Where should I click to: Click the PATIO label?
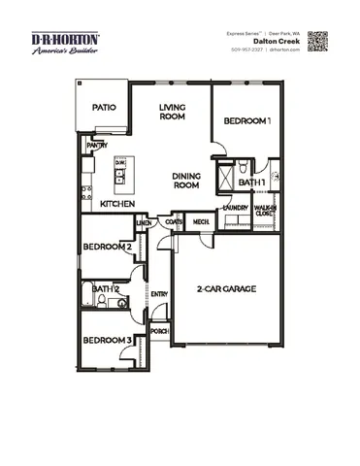click(x=105, y=109)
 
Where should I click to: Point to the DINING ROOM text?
click(x=185, y=181)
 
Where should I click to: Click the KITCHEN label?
click(x=117, y=205)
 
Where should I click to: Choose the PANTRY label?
click(x=97, y=145)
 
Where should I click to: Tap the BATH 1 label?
click(x=252, y=183)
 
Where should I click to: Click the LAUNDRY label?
click(x=235, y=208)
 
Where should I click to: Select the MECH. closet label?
click(x=201, y=222)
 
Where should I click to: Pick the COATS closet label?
click(x=174, y=222)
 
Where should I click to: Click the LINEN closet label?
click(x=145, y=223)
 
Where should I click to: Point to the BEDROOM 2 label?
click(x=107, y=247)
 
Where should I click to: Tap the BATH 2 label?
click(x=106, y=288)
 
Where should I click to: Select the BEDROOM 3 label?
click(x=107, y=340)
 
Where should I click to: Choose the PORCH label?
click(x=160, y=331)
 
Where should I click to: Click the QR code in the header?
click(x=319, y=42)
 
